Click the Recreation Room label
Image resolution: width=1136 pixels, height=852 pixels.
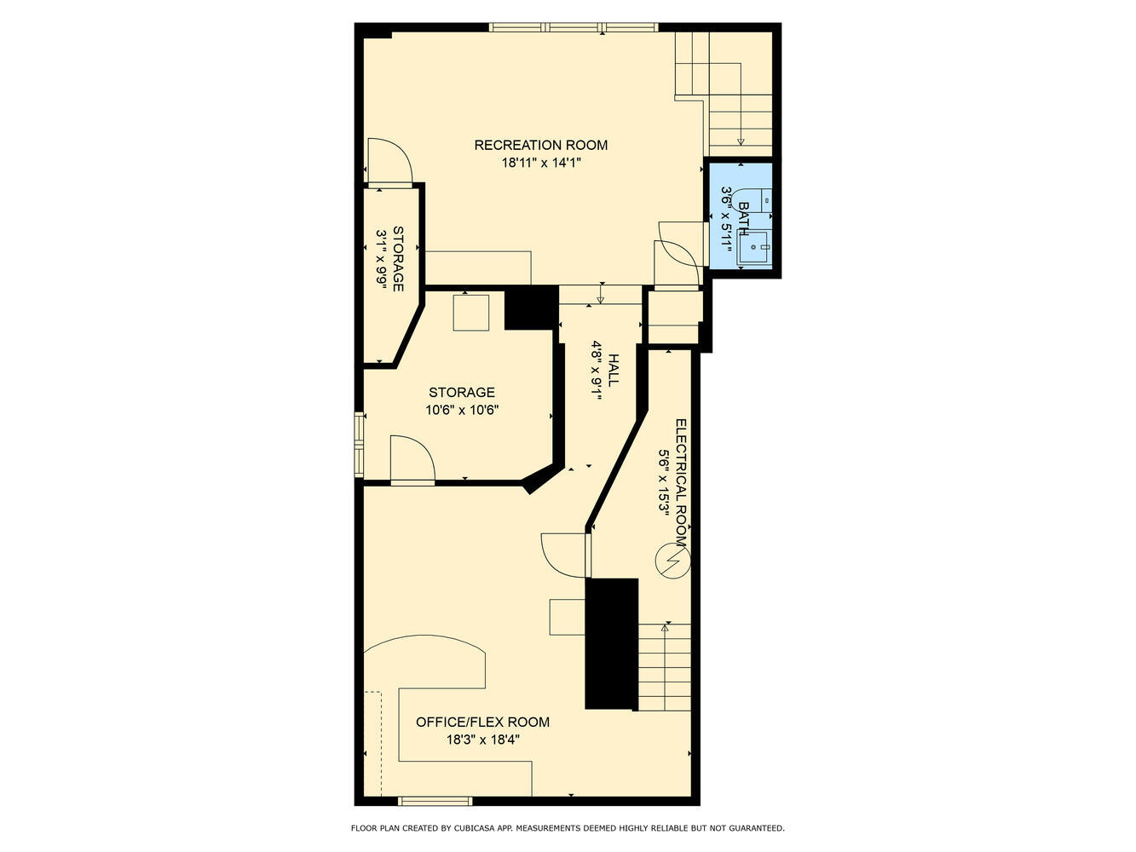tap(540, 145)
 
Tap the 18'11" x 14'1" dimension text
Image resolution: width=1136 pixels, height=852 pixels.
tap(540, 163)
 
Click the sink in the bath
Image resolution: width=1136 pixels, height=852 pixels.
tap(754, 248)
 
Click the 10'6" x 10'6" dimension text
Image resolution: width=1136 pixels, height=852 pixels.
tap(461, 410)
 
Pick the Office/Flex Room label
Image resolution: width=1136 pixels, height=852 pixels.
tap(482, 722)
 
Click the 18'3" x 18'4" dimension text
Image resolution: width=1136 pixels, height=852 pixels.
tap(482, 740)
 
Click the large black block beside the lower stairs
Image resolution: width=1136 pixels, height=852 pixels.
tap(611, 643)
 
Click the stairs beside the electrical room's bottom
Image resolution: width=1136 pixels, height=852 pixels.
tap(665, 668)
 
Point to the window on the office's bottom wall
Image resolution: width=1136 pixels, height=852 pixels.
tap(435, 800)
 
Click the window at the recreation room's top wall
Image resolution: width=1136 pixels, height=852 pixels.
tap(574, 27)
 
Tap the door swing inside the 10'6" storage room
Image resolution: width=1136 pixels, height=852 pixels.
tap(412, 460)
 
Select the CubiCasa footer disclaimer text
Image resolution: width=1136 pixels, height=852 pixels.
tap(568, 827)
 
